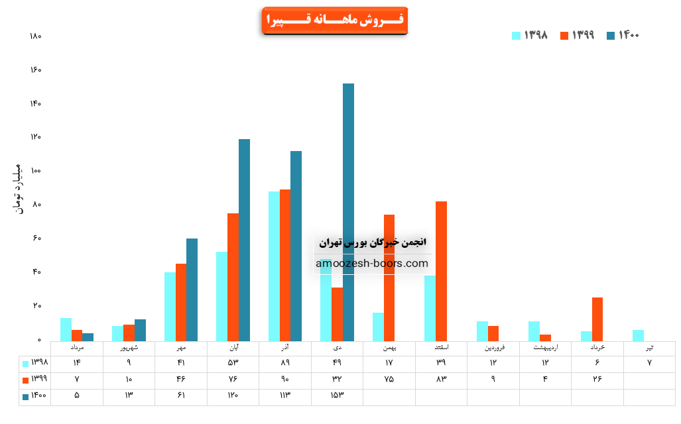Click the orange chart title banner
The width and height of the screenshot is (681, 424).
(x=334, y=21)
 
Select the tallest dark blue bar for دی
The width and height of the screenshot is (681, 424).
(x=348, y=212)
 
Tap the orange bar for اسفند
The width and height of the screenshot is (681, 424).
(x=441, y=271)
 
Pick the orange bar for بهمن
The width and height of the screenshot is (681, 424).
(x=389, y=278)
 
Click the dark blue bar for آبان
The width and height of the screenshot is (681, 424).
(x=244, y=240)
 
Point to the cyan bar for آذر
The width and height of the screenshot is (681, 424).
(x=274, y=266)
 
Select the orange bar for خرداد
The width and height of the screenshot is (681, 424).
(x=597, y=319)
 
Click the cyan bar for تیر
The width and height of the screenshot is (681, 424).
(x=639, y=335)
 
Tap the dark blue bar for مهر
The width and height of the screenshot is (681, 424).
(x=192, y=290)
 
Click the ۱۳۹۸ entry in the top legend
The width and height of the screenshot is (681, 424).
(x=530, y=35)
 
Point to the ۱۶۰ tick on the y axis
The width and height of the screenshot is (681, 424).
(x=36, y=70)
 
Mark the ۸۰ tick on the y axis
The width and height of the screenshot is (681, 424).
(x=36, y=205)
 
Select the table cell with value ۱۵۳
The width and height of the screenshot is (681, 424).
(x=337, y=396)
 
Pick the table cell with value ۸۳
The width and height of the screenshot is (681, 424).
(x=441, y=380)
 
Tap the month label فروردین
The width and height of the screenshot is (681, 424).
(x=493, y=347)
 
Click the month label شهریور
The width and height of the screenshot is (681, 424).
(x=129, y=347)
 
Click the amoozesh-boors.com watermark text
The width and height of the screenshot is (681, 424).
(x=372, y=264)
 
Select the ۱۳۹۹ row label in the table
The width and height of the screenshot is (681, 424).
(x=36, y=380)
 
